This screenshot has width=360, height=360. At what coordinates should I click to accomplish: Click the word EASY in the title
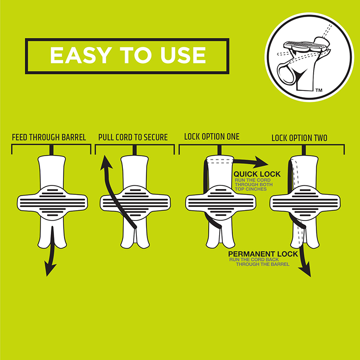[x=81, y=55]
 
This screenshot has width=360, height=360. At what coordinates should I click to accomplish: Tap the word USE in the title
[x=183, y=55]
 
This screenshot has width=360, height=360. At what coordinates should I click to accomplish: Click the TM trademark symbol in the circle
[x=319, y=90]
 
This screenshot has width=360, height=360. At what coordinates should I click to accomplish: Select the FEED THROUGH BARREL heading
[x=49, y=137]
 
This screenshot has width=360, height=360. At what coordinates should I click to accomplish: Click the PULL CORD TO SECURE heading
[x=133, y=137]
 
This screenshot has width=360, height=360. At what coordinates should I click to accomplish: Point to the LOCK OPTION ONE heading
[x=211, y=137]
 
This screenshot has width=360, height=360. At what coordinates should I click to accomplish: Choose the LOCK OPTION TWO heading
[x=299, y=138]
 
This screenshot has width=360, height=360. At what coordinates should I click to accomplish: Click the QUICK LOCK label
[x=257, y=174]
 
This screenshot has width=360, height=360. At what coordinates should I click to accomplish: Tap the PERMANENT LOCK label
[x=263, y=254]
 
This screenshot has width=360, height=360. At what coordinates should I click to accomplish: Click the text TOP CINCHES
[x=251, y=189]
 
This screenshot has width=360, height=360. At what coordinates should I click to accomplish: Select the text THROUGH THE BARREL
[x=263, y=264]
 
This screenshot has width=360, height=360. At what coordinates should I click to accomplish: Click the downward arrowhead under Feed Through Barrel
[x=49, y=269]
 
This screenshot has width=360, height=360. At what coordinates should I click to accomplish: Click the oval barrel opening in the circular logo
[x=286, y=73]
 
